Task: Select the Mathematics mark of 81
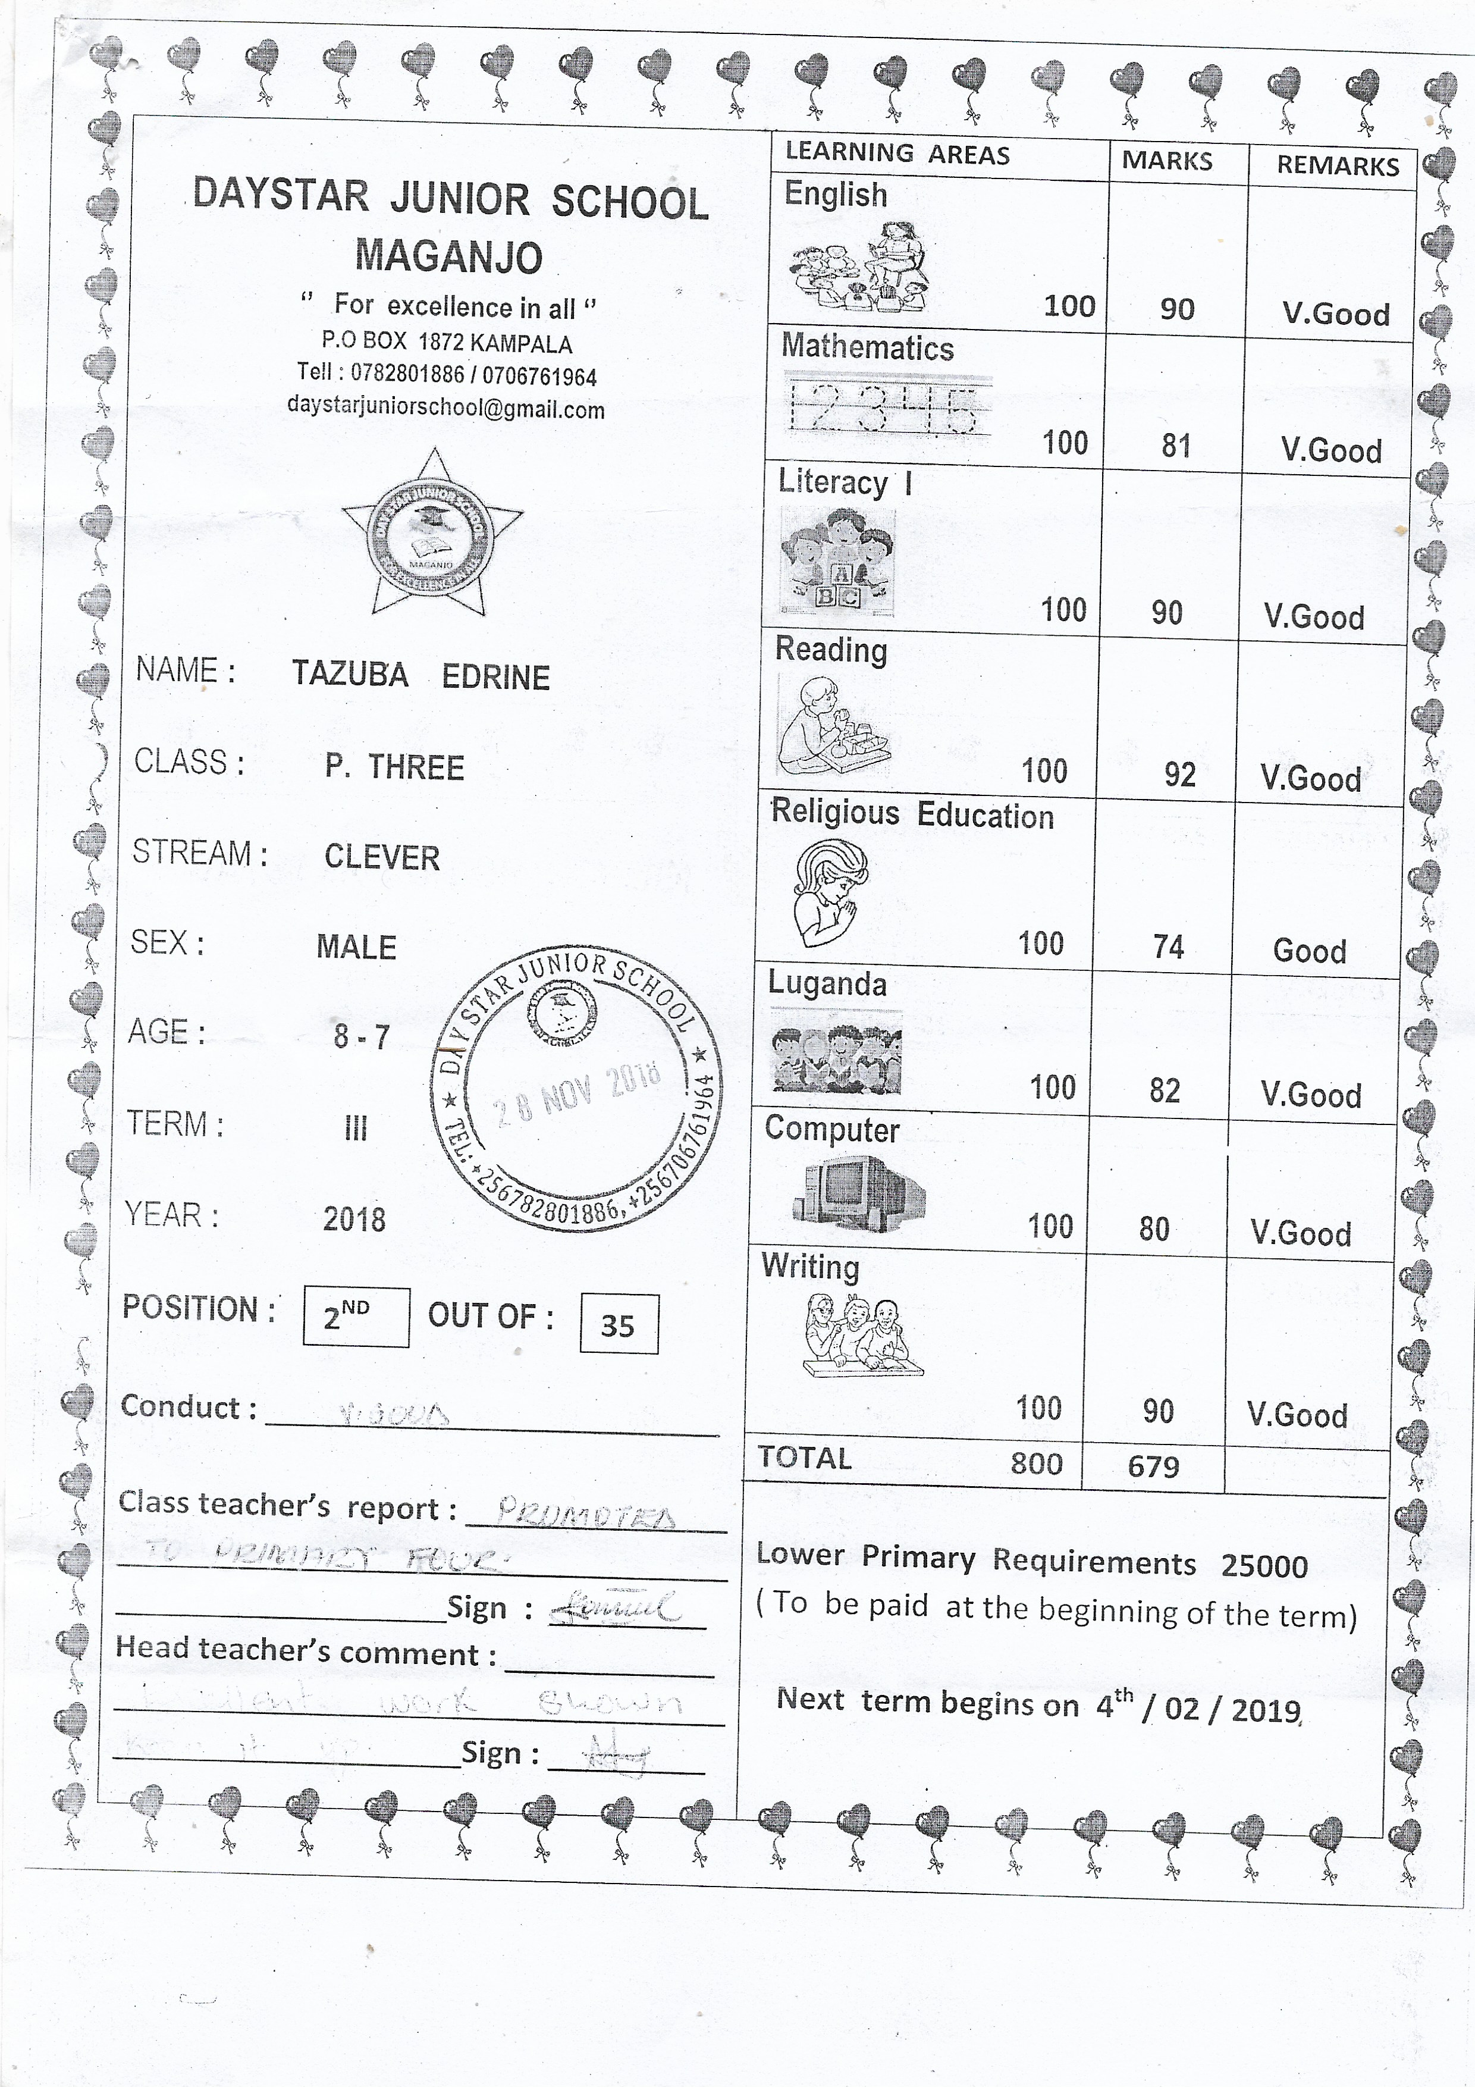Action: tap(1175, 446)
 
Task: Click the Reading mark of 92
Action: tap(1179, 775)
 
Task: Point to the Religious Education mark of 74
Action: tap(1168, 947)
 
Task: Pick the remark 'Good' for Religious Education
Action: tap(1308, 951)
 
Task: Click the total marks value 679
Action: tap(1153, 1465)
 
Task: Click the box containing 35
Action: tap(618, 1324)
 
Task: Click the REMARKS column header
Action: tap(1337, 165)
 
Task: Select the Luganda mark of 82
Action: tap(1164, 1090)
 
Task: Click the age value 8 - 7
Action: tap(362, 1036)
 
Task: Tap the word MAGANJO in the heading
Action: tap(449, 256)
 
